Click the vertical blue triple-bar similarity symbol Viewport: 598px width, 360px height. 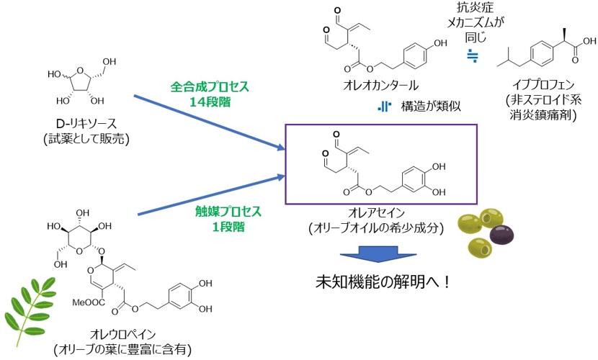click(385, 107)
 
